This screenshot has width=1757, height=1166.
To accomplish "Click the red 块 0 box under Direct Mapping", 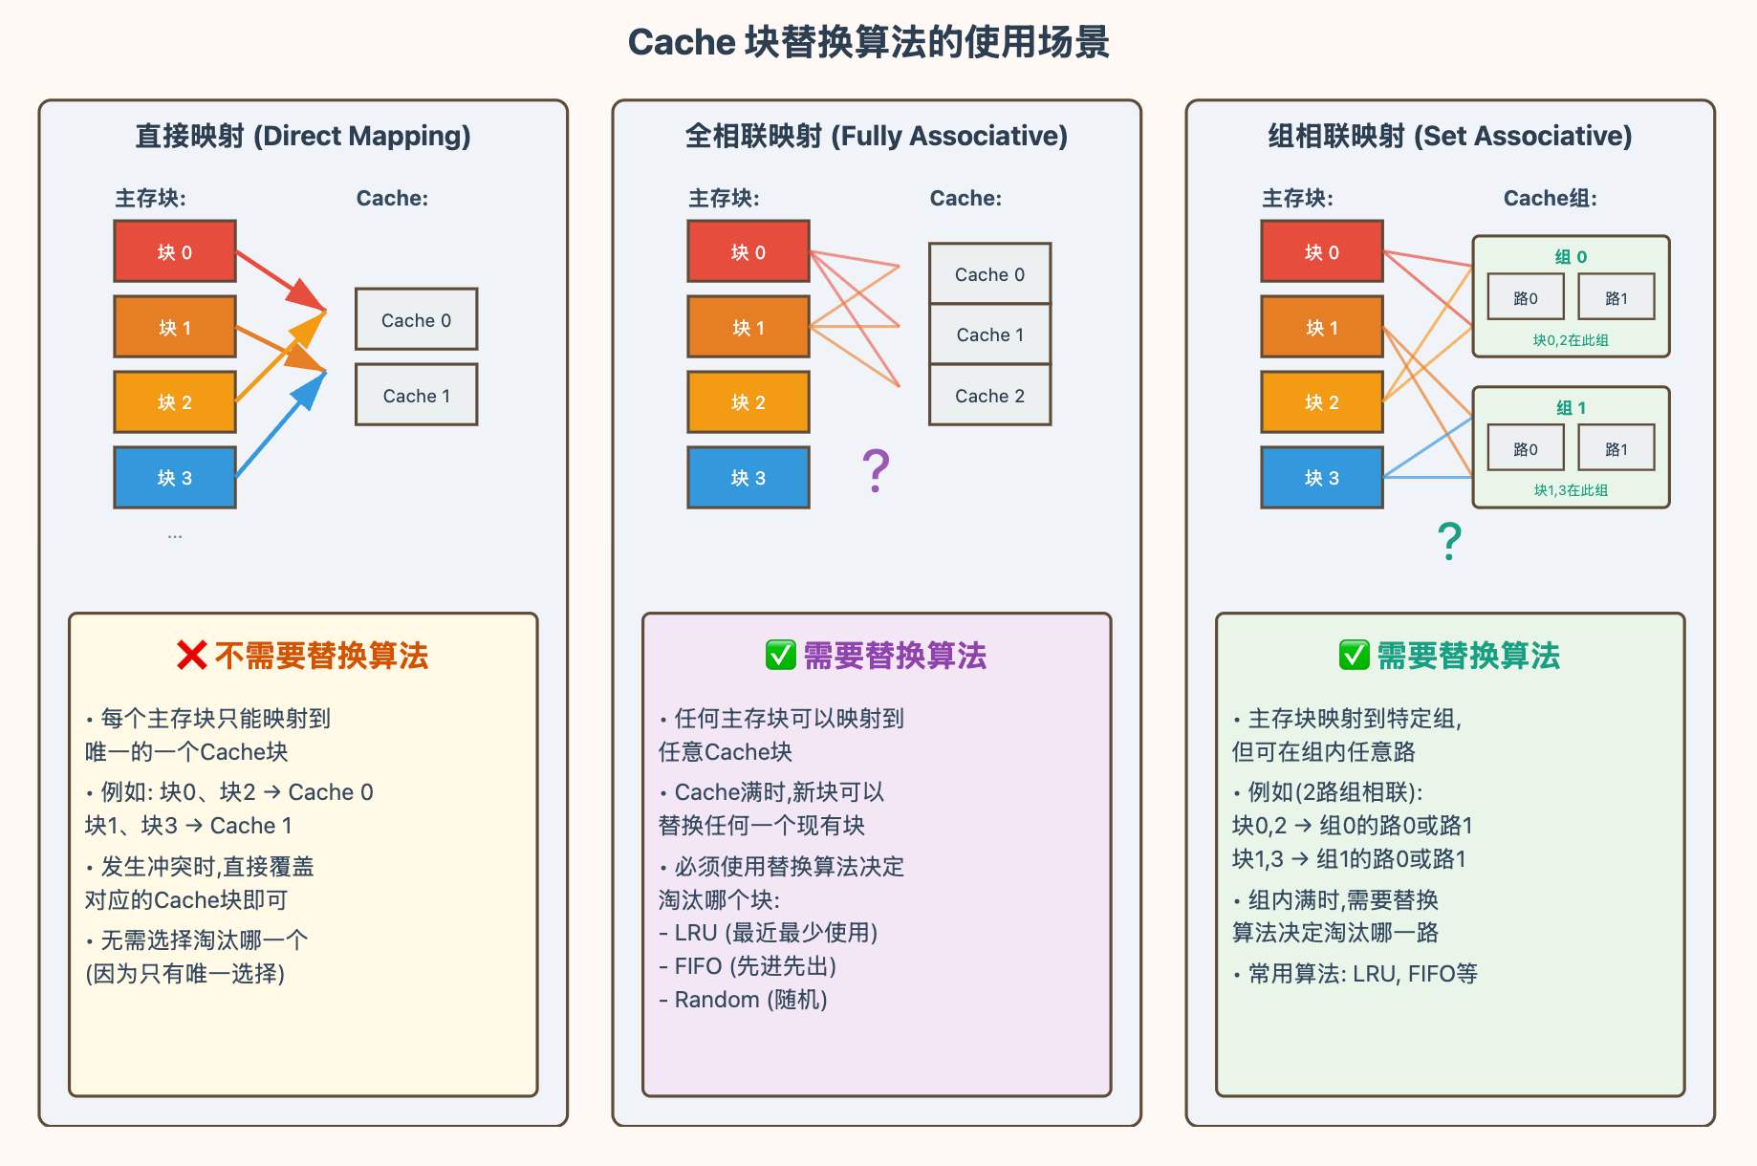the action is click(175, 251).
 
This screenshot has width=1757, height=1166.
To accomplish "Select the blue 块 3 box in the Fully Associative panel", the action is click(748, 477).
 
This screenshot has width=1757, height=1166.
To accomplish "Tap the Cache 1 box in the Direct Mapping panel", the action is click(417, 395).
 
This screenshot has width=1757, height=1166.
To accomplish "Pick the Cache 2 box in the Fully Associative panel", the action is click(990, 395).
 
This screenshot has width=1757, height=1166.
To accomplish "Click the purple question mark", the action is click(876, 470).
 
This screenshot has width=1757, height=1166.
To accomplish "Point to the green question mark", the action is click(1449, 541).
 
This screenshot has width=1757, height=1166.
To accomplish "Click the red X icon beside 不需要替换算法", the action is click(192, 656).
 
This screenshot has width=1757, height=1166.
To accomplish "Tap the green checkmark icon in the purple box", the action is click(781, 656).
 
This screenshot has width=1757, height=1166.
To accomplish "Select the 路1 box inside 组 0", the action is click(1616, 297).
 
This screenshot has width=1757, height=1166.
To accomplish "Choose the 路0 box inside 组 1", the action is click(1526, 448).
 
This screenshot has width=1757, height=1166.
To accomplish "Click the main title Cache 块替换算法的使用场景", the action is click(868, 42).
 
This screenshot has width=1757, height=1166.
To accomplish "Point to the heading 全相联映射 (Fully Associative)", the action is click(877, 136).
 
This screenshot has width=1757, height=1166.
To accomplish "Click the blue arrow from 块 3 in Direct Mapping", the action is click(281, 424).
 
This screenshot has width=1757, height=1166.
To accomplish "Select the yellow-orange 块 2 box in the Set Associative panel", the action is click(1322, 402).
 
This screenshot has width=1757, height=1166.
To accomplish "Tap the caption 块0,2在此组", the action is click(1571, 340).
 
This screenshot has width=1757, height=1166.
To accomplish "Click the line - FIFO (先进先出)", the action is click(748, 966).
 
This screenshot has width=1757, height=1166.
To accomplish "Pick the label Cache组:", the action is click(1551, 198).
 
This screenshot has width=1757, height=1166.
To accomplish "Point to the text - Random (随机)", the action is click(743, 1000).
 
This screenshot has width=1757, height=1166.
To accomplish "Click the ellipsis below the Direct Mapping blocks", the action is click(175, 536).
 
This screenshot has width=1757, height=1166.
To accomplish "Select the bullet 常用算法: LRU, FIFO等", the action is click(1356, 974).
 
